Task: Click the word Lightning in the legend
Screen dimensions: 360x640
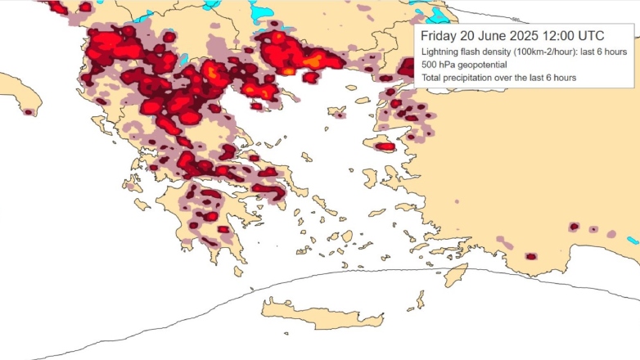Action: tap(442, 52)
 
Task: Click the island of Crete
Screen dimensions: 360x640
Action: tap(319, 313)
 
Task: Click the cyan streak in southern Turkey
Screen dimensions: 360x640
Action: tap(633, 241)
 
